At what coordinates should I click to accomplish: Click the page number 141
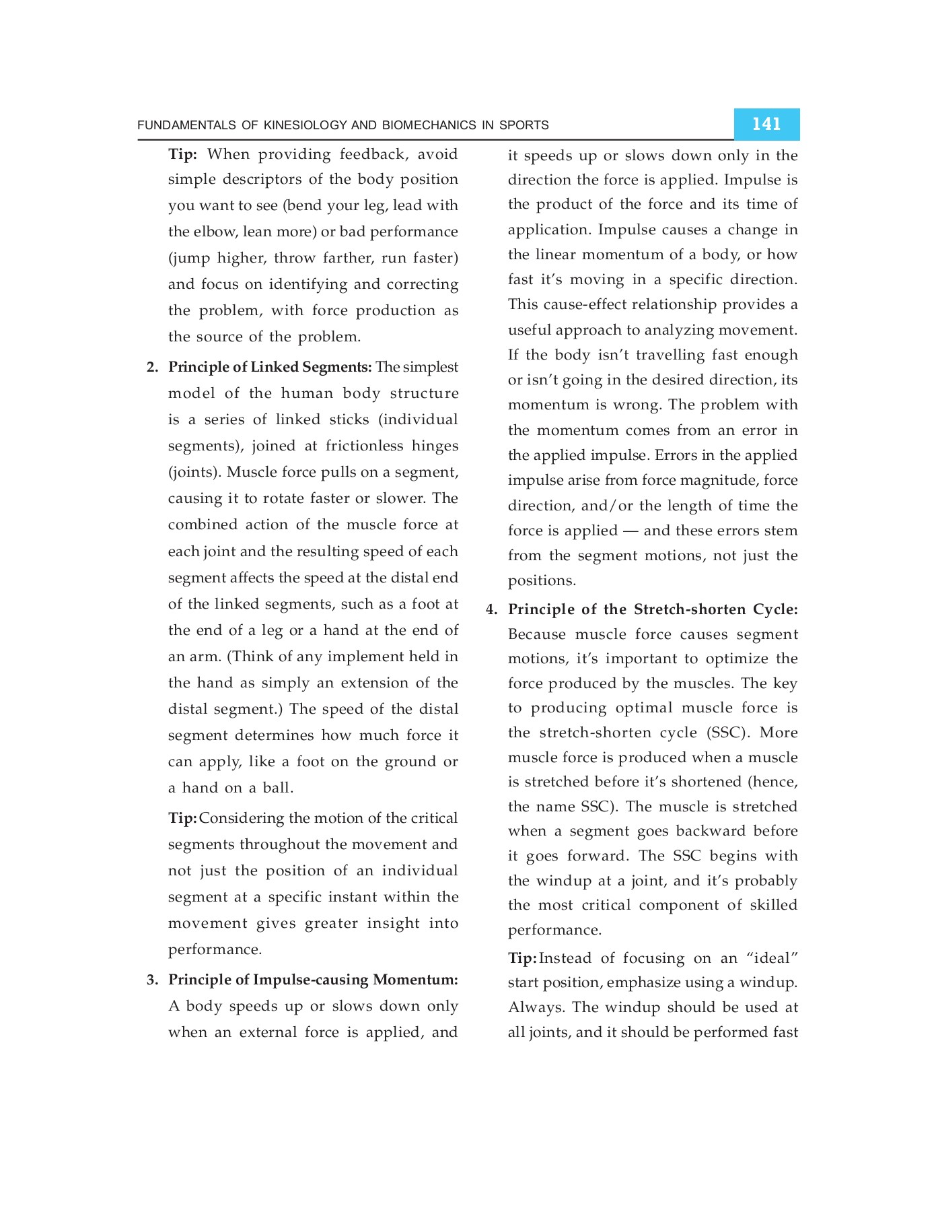[x=766, y=124]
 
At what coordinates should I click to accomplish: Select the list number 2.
[x=152, y=368]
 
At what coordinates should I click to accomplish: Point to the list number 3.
[x=152, y=980]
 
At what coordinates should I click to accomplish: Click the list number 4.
[x=492, y=610]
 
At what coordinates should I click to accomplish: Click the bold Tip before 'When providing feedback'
[x=182, y=154]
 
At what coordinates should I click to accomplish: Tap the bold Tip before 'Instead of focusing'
[x=521, y=958]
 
